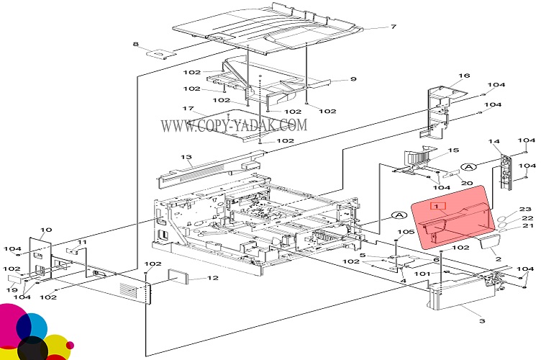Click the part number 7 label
pyautogui.click(x=394, y=27)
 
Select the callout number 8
pyautogui.click(x=135, y=45)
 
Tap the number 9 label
pyautogui.click(x=353, y=79)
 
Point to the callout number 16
pyautogui.click(x=464, y=76)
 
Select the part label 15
pyautogui.click(x=453, y=150)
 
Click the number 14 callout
pyautogui.click(x=494, y=142)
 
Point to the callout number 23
pyautogui.click(x=525, y=210)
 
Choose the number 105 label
pyautogui.click(x=406, y=232)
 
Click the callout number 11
pyautogui.click(x=82, y=242)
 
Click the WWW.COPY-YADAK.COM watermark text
pyautogui.click(x=233, y=126)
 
